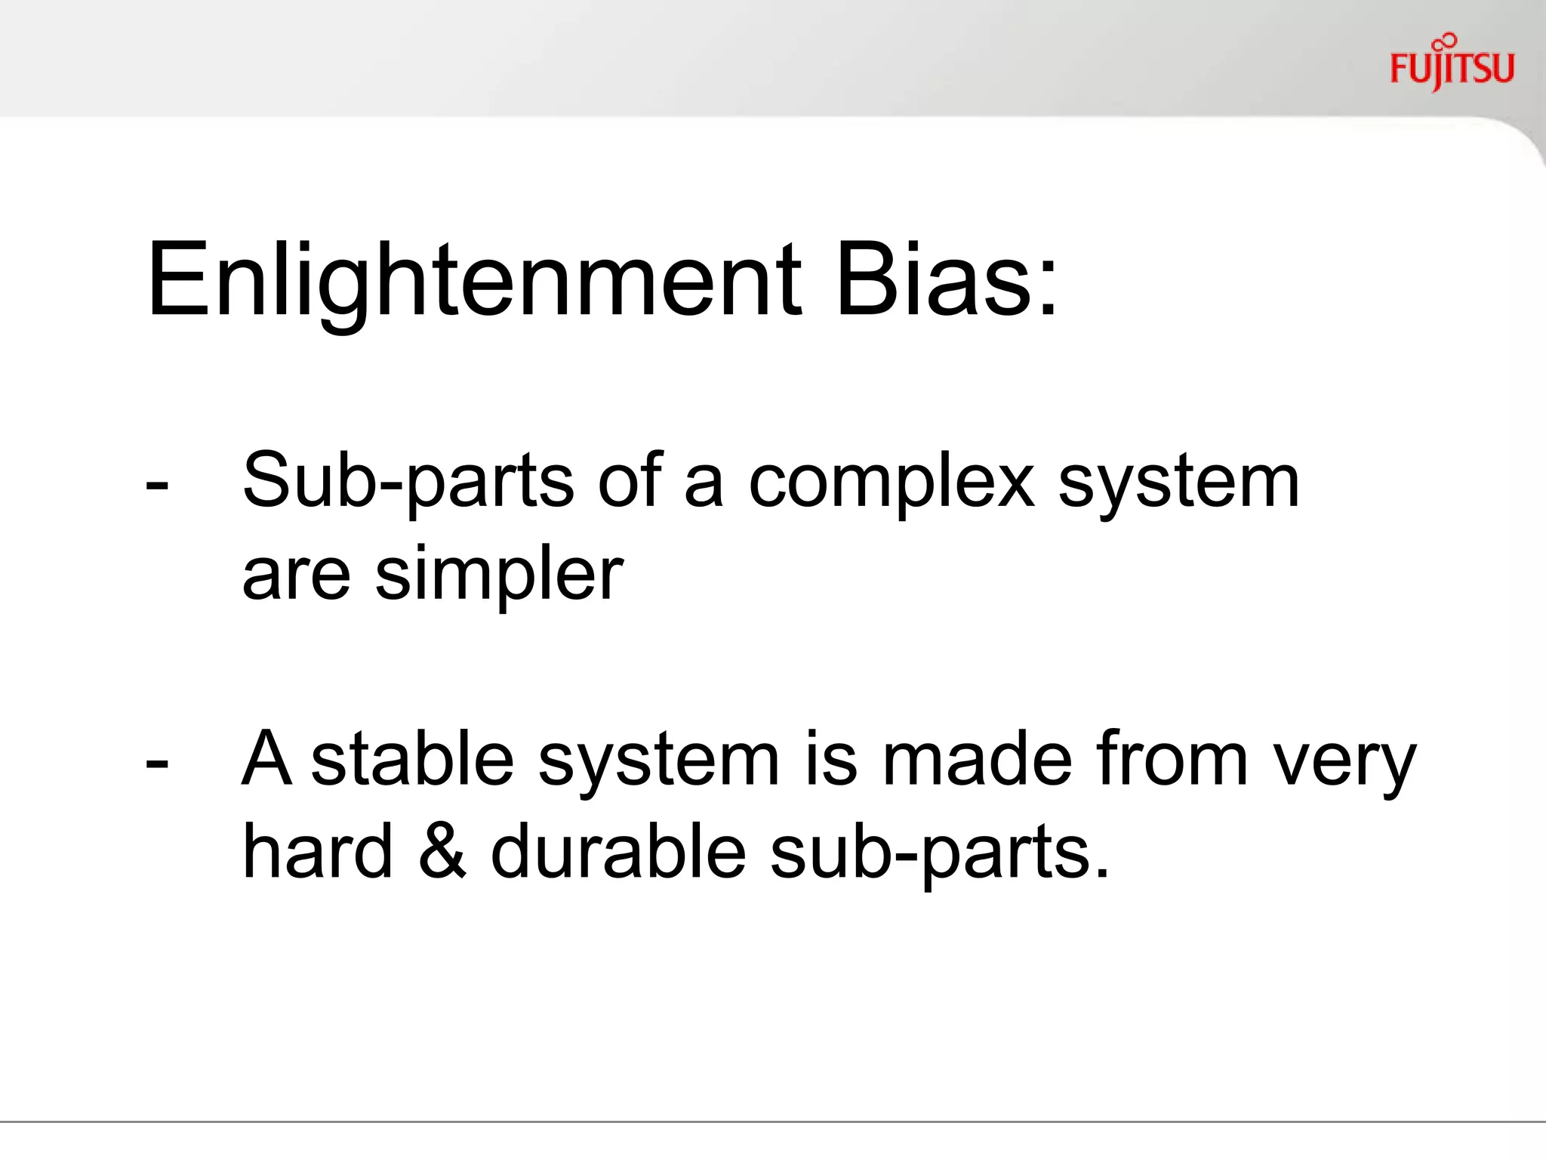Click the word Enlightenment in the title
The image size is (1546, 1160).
(x=474, y=281)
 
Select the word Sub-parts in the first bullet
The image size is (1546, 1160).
(x=408, y=482)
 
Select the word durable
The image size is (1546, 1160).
(x=618, y=851)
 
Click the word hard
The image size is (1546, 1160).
(x=318, y=851)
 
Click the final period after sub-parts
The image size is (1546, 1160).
(x=1102, y=875)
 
